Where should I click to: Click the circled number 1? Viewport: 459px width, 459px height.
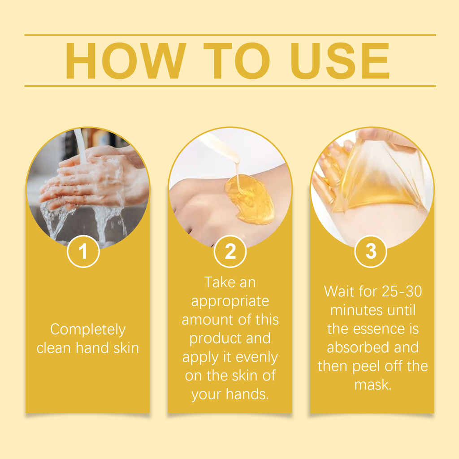[x=83, y=252]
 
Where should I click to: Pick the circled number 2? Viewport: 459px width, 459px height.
[x=230, y=252]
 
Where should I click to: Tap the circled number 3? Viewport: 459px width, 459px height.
[x=371, y=251]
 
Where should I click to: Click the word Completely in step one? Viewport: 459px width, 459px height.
[x=88, y=329]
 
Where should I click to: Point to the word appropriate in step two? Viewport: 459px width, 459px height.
[x=230, y=301]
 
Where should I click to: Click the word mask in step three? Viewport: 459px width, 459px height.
[x=372, y=385]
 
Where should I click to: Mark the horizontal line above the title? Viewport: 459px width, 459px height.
[x=230, y=35]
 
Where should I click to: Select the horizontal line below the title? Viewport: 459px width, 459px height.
[x=230, y=86]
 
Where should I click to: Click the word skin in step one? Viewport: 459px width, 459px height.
[x=126, y=348]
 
